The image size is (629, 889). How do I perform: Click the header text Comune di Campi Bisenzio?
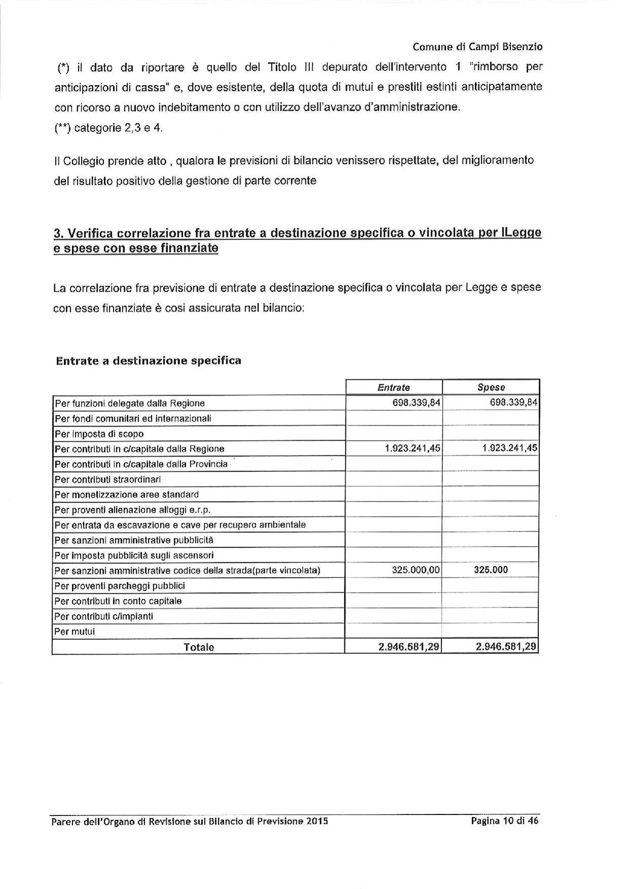(x=477, y=47)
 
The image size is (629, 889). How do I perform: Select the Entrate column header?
(x=394, y=387)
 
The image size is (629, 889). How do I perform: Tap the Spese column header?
(x=491, y=387)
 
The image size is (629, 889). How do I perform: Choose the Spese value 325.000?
(x=491, y=570)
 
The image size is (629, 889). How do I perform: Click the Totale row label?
(x=199, y=647)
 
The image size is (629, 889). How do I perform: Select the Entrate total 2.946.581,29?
(x=409, y=647)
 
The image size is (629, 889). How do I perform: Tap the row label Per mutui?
(x=75, y=632)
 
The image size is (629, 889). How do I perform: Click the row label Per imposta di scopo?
(x=99, y=434)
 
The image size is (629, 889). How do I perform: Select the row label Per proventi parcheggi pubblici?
(x=120, y=586)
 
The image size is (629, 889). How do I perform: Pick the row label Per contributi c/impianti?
(x=104, y=617)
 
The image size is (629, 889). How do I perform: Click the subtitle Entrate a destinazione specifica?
(x=149, y=361)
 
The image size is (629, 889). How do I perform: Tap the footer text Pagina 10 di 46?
(x=504, y=821)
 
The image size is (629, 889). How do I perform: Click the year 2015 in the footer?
(x=317, y=822)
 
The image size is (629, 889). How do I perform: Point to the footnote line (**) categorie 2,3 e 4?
(x=109, y=128)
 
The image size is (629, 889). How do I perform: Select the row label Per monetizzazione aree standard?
(x=127, y=494)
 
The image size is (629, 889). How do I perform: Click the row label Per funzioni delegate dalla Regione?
(x=130, y=404)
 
